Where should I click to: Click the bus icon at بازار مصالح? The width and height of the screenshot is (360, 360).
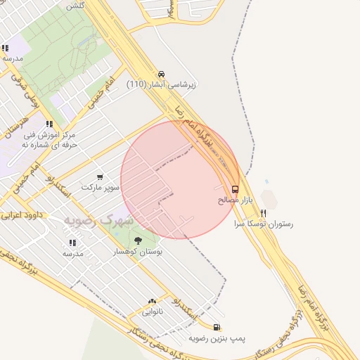(235, 189)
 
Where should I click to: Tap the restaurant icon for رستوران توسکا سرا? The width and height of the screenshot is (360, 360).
(264, 212)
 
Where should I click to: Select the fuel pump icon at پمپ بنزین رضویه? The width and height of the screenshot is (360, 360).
(216, 327)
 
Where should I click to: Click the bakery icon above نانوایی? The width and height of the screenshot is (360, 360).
(152, 301)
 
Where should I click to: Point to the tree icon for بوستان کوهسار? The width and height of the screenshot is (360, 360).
(137, 240)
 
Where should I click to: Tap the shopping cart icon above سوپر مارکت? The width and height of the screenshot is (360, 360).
(100, 177)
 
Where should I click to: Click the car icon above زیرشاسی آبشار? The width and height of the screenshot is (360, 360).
(162, 74)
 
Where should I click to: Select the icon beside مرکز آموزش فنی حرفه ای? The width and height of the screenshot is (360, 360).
(49, 124)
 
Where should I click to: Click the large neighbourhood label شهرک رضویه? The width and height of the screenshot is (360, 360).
(98, 220)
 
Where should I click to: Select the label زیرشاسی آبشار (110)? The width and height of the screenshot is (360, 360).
(162, 84)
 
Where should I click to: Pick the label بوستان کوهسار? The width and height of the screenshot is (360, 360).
(138, 251)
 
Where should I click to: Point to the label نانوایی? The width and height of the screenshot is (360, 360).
(152, 311)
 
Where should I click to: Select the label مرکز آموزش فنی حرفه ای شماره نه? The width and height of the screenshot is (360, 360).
(49, 139)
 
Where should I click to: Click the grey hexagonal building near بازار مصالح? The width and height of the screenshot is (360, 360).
(269, 199)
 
